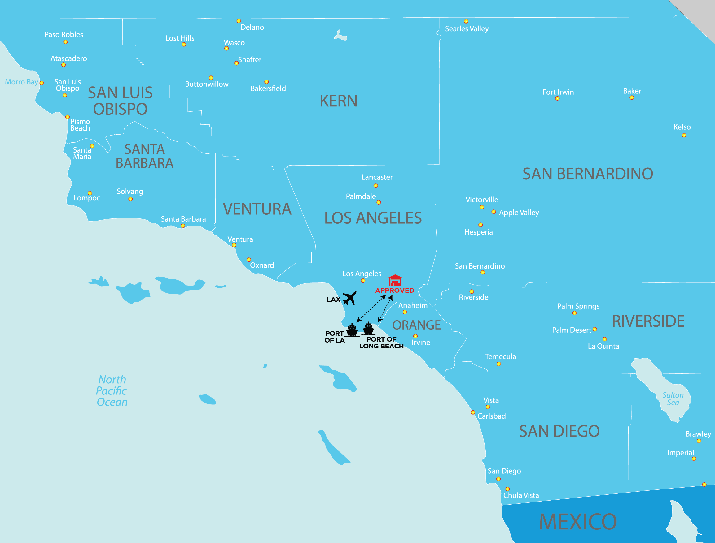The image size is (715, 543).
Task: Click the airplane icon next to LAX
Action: pyautogui.click(x=349, y=298)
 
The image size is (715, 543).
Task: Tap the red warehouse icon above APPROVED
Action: pyautogui.click(x=395, y=280)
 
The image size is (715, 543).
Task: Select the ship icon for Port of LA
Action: pyautogui.click(x=352, y=330)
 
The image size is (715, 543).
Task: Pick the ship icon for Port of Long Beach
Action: pyautogui.click(x=368, y=329)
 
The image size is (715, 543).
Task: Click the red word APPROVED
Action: pyautogui.click(x=395, y=290)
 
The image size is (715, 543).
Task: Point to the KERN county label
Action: pyautogui.click(x=338, y=101)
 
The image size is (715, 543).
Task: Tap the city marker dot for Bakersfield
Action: pyautogui.click(x=267, y=82)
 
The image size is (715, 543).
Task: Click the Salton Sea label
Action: pyautogui.click(x=673, y=399)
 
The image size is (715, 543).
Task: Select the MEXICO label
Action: pyautogui.click(x=578, y=522)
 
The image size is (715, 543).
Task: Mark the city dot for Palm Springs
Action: pyautogui.click(x=575, y=313)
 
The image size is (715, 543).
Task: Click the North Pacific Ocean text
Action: pyautogui.click(x=112, y=390)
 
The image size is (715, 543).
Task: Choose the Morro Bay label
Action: pyautogui.click(x=21, y=82)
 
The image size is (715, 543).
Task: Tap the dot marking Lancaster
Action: pyautogui.click(x=375, y=186)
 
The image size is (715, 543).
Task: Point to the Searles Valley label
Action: pyautogui.click(x=467, y=29)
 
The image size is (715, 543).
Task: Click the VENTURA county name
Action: pyautogui.click(x=257, y=209)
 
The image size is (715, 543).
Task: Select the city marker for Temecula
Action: pyautogui.click(x=499, y=364)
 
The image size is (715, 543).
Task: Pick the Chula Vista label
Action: pyautogui.click(x=521, y=495)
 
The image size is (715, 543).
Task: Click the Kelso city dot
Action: pyautogui.click(x=684, y=135)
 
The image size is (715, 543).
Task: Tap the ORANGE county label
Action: pyautogui.click(x=416, y=325)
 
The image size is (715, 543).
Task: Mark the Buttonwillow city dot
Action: pyautogui.click(x=211, y=78)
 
